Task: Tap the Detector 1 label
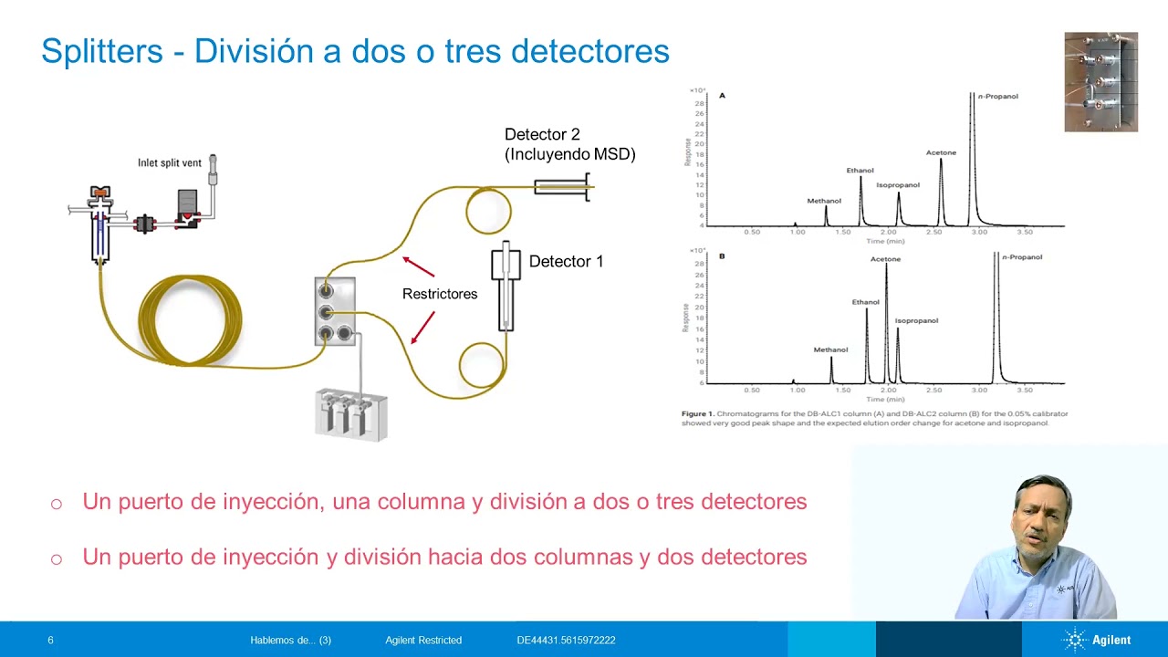pyautogui.click(x=566, y=262)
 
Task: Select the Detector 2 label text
pyautogui.click(x=542, y=135)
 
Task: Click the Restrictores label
pyautogui.click(x=440, y=294)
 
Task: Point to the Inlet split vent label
pyautogui.click(x=170, y=163)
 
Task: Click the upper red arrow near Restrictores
pyautogui.click(x=418, y=266)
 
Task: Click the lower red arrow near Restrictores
pyautogui.click(x=422, y=328)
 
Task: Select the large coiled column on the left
pyautogui.click(x=190, y=319)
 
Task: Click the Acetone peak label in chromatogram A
pyautogui.click(x=941, y=152)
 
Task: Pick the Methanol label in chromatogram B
pyautogui.click(x=830, y=349)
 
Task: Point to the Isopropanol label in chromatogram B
pyautogui.click(x=916, y=320)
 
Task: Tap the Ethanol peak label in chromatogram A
pyautogui.click(x=860, y=170)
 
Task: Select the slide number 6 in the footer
pyautogui.click(x=50, y=641)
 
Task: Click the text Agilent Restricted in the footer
pyautogui.click(x=423, y=641)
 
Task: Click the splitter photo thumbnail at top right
pyautogui.click(x=1100, y=82)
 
